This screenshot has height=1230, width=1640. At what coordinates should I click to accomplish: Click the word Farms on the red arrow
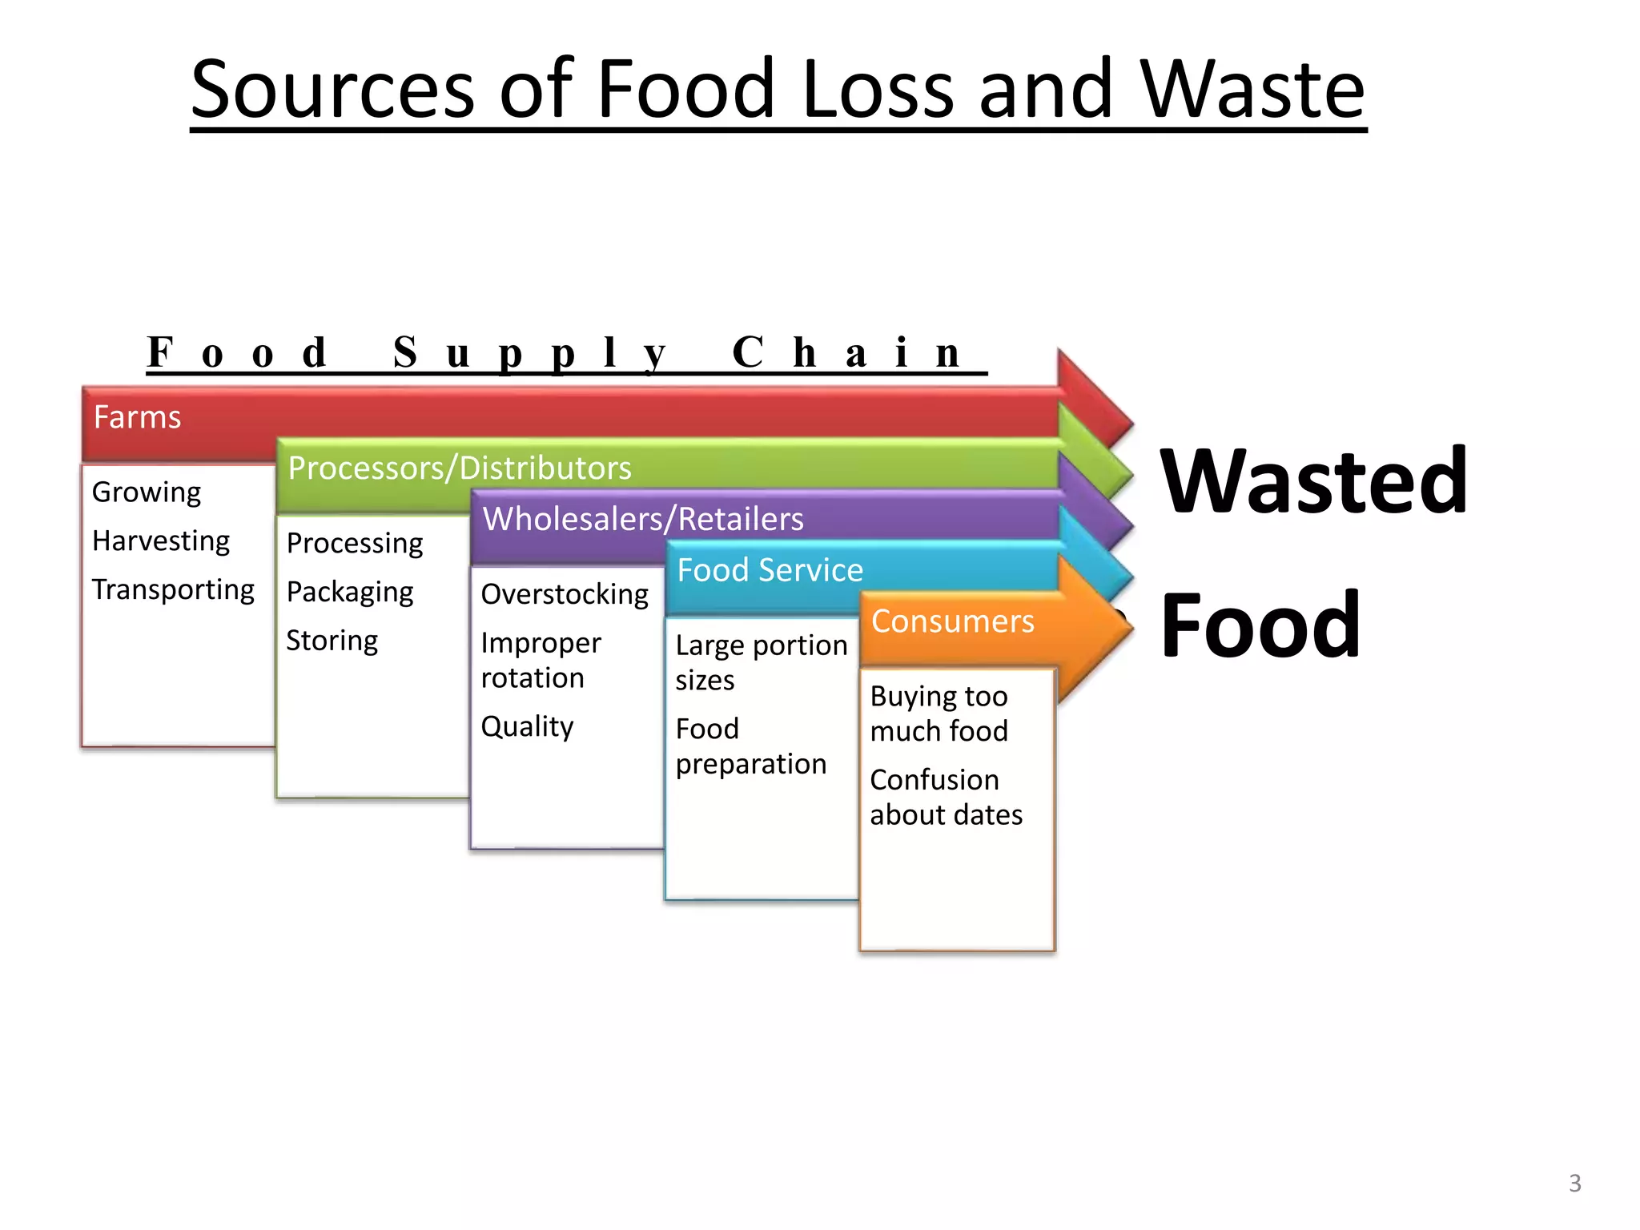[137, 417]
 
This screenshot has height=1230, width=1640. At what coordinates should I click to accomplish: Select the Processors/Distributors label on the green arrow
[460, 468]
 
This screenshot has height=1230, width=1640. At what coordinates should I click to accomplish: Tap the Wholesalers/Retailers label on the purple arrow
[643, 519]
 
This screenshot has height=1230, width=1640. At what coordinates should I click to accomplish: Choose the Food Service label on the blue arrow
[770, 570]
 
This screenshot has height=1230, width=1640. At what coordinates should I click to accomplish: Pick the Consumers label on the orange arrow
[952, 621]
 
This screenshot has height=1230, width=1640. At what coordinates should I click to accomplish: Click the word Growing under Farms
[147, 492]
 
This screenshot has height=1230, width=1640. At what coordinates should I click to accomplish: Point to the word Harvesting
[161, 541]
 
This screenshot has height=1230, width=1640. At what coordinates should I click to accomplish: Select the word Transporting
[173, 590]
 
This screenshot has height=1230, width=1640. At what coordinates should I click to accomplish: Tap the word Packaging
[350, 593]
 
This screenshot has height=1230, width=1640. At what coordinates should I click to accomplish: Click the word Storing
[332, 641]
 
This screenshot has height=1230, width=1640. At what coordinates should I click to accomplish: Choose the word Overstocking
[565, 595]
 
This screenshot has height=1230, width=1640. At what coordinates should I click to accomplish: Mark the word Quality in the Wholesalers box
[527, 727]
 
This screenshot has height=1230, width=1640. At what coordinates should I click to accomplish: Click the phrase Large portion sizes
[761, 662]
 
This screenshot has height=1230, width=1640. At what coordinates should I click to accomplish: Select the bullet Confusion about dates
[946, 798]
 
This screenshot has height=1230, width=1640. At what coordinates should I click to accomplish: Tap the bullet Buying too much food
[939, 713]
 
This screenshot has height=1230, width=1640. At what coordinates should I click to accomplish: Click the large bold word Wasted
[1313, 481]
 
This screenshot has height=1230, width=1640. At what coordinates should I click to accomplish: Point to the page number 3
[1574, 1183]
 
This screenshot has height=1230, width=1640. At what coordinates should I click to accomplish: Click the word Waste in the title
[1252, 90]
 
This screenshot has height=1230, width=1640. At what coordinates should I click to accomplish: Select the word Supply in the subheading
[529, 353]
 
